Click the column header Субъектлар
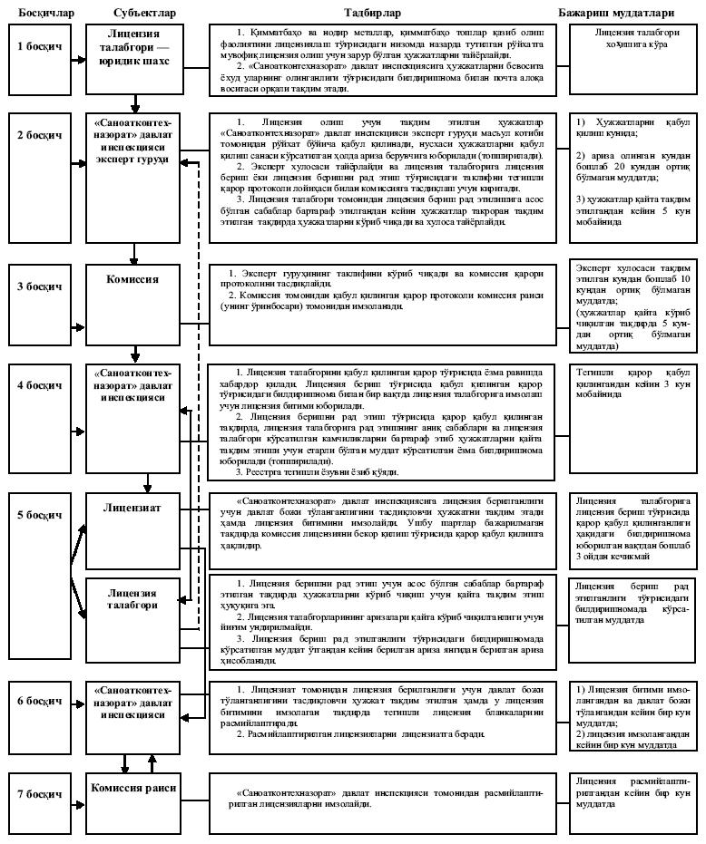(145, 13)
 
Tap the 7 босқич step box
(40, 795)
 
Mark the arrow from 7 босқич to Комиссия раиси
(77, 795)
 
